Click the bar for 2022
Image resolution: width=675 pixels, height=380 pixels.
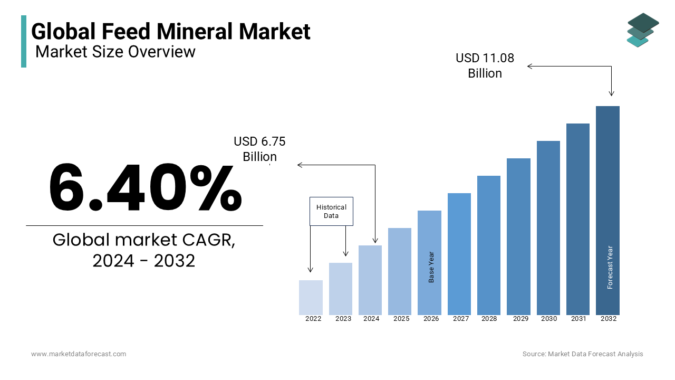311,298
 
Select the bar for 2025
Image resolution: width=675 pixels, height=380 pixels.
400,271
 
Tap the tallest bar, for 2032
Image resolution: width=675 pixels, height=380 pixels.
607,211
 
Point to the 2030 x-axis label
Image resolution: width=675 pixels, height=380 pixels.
548,319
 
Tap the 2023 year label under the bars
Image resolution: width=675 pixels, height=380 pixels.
343,319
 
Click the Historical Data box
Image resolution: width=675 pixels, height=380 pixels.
331,211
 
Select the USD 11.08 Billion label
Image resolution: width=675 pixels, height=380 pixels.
485,65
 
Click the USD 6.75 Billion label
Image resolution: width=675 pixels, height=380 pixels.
259,149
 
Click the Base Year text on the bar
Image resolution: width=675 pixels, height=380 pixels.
431,267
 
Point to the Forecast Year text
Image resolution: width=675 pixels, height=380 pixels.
610,267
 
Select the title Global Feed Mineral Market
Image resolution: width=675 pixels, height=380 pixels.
171,32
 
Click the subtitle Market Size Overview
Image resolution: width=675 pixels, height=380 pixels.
115,52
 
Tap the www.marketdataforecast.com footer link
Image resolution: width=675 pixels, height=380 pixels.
79,354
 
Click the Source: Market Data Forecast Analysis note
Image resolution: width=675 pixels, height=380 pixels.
583,354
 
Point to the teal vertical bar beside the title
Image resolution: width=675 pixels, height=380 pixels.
24,41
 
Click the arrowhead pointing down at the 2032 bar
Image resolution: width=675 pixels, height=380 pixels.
611,93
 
